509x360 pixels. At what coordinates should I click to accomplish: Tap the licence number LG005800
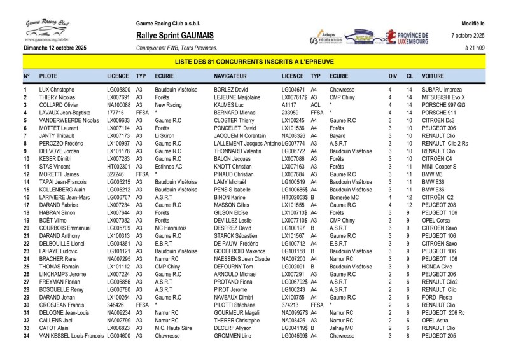click(x=119, y=90)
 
